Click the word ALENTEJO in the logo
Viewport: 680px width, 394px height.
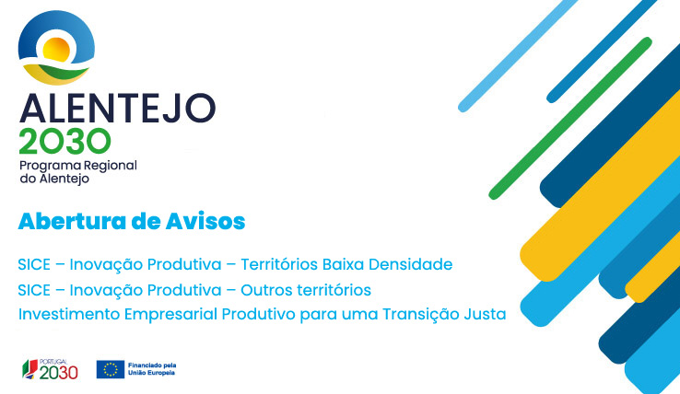[x=118, y=108]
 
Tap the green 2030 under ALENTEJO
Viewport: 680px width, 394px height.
[x=65, y=141]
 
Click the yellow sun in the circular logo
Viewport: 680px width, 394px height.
[x=56, y=50]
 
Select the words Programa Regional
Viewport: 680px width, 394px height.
[x=78, y=167]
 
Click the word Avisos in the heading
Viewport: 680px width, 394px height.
[x=205, y=221]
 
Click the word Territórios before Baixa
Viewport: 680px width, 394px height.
[x=279, y=264]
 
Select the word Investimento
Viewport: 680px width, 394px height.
[x=68, y=314]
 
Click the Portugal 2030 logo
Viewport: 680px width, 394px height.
[x=51, y=369]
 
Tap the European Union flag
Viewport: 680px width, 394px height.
[x=111, y=369]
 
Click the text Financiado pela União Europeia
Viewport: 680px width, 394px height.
[x=152, y=369]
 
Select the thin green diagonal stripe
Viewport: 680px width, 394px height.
[x=570, y=119]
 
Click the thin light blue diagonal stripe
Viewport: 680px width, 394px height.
[x=518, y=56]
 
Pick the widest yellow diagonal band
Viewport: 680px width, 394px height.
[x=600, y=186]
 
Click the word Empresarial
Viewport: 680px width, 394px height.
[x=170, y=315]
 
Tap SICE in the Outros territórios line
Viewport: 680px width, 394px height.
[x=34, y=290]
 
